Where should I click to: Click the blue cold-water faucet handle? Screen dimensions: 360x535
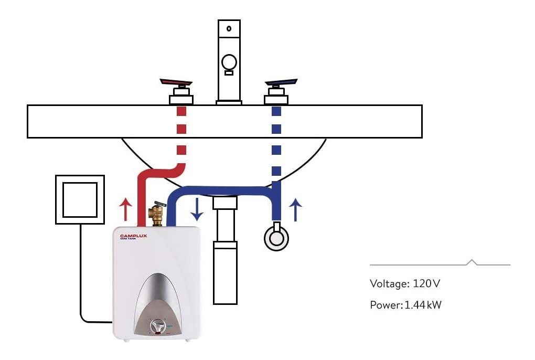[281, 83]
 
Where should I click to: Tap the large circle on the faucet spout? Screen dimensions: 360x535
[229, 63]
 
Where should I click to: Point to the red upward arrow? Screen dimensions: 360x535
[124, 209]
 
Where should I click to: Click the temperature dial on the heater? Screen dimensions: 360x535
[158, 327]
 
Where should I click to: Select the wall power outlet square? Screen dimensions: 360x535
[80, 199]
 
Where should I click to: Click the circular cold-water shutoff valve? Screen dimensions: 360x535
[276, 237]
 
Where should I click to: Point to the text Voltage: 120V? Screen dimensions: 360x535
[404, 284]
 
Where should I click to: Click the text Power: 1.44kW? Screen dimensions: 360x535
[405, 305]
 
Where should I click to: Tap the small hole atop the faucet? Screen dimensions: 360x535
[229, 28]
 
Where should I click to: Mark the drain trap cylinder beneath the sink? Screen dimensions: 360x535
[225, 273]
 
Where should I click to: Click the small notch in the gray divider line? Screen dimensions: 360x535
[472, 262]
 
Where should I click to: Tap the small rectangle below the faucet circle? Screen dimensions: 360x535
[229, 73]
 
